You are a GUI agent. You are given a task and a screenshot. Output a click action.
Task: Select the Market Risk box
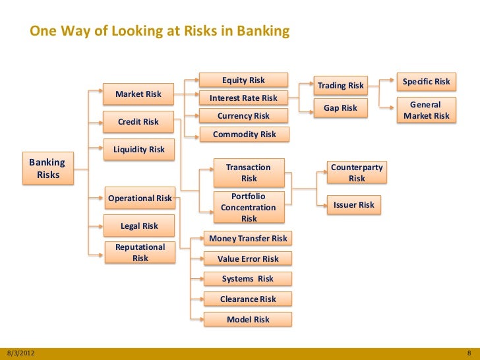click(138, 94)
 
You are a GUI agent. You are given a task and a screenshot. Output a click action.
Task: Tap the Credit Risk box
click(138, 122)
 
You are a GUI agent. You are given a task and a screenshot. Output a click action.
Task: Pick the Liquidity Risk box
click(138, 150)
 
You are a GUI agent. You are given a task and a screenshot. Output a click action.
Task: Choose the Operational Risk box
click(140, 198)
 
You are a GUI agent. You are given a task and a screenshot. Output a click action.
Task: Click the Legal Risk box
click(139, 226)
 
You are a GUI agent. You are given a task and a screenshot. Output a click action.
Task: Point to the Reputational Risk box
click(140, 253)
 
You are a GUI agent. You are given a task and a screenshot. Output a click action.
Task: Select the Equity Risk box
click(243, 80)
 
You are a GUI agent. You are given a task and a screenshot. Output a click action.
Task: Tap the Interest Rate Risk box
click(243, 98)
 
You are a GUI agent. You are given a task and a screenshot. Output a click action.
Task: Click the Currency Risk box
click(243, 116)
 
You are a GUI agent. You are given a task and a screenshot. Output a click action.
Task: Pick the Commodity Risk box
click(244, 135)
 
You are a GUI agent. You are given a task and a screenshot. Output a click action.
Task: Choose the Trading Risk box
click(341, 86)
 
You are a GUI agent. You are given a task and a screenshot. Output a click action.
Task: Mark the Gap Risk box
click(340, 108)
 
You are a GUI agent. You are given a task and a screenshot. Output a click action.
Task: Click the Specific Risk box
click(426, 82)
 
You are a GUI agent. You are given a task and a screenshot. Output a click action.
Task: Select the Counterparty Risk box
click(357, 173)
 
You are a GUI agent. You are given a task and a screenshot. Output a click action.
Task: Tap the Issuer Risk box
click(354, 205)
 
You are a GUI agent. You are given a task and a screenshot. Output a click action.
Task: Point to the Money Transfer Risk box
click(248, 238)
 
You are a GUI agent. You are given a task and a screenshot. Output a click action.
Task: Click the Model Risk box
click(248, 320)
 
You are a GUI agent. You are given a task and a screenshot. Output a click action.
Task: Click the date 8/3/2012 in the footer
click(20, 353)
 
